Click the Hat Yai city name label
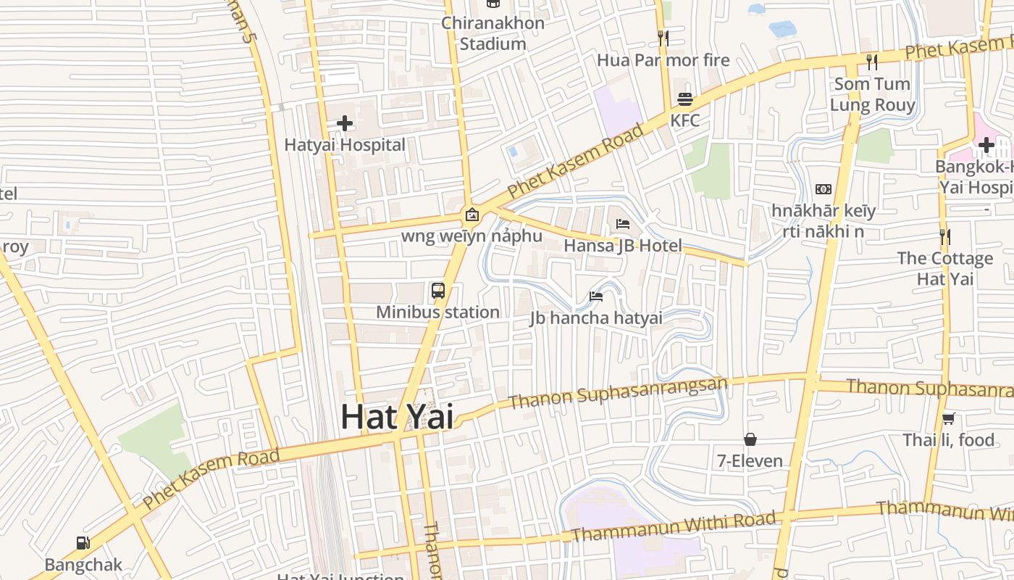coord(397,417)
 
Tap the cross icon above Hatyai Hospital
coord(345,123)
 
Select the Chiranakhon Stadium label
coord(493,33)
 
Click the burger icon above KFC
coord(685,99)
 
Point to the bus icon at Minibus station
coord(438,291)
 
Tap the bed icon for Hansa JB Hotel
coord(623,223)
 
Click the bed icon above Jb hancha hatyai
coord(596,296)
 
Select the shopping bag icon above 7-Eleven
coord(750,439)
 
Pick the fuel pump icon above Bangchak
coord(83,543)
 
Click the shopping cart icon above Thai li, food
coord(948,418)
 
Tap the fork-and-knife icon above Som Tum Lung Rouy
coord(872,62)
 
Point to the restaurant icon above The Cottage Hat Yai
coord(944,236)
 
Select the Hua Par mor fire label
coord(663,60)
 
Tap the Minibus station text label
coord(437,312)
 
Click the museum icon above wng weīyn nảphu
coord(472,215)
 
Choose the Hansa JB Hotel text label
coord(623,246)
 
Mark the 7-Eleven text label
coord(750,461)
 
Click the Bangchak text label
coord(83,565)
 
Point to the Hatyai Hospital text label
coord(345,145)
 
